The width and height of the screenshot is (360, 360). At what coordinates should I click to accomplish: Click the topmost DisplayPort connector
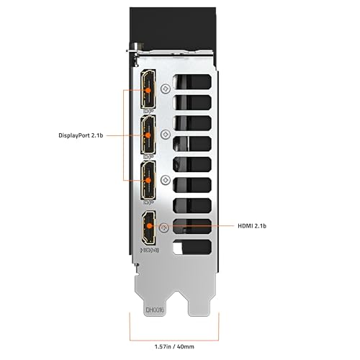pos(148,90)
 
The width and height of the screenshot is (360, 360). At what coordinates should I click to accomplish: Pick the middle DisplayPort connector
pos(148,135)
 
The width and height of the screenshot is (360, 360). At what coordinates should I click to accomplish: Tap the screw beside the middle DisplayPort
pos(167,134)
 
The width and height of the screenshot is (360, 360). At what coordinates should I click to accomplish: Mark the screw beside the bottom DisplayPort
pos(167,179)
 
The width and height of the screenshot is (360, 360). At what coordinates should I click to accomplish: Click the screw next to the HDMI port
pos(164,226)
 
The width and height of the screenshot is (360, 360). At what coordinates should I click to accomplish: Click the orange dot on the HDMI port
pos(148,225)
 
